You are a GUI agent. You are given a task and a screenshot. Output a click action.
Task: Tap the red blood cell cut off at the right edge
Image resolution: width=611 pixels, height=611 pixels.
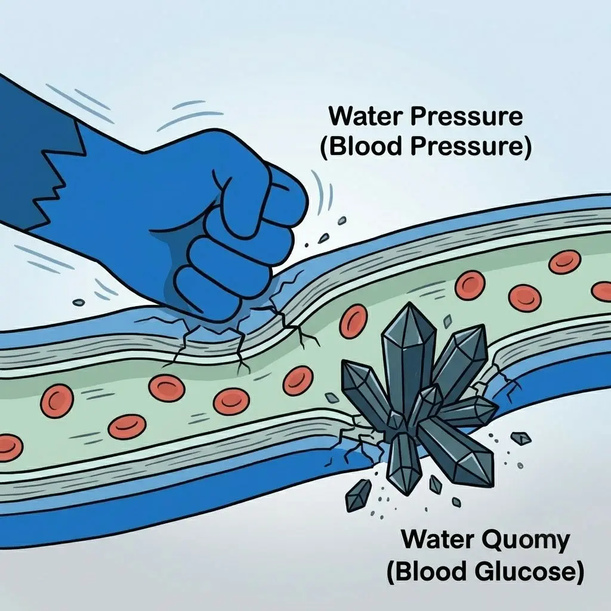(602, 291)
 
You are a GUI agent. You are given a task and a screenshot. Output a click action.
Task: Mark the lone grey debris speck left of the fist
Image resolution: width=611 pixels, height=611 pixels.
(79, 302)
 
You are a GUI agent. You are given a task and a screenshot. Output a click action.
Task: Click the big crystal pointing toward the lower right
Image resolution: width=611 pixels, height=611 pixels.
(456, 452)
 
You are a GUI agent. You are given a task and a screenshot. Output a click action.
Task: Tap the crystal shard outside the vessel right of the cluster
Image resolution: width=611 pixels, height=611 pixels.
(521, 439)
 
